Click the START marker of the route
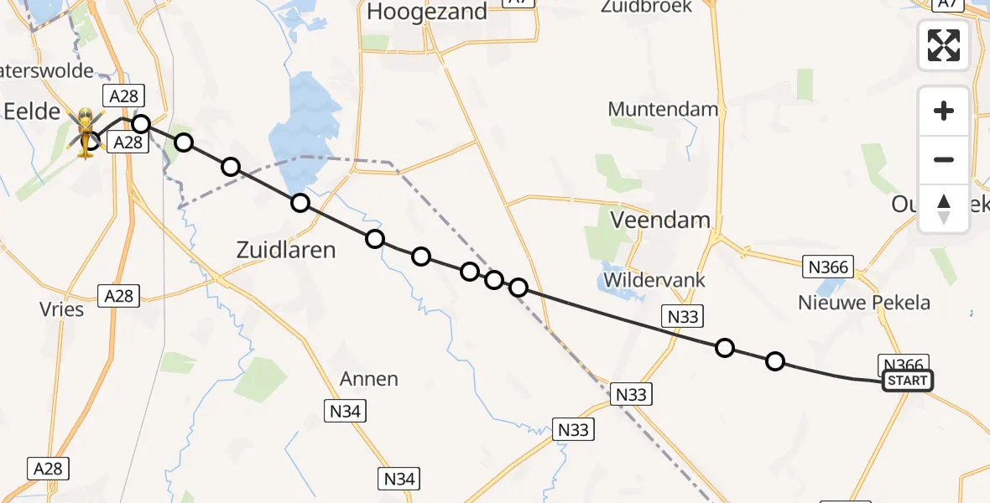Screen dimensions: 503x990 coord(907,381)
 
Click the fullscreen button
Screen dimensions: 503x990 coord(944,45)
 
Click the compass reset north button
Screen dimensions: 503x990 coord(944,209)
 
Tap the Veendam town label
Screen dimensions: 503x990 coord(661,220)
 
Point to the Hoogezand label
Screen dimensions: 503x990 coord(427,12)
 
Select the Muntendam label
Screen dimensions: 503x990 coord(663,109)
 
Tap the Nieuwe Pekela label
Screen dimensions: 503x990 coord(864,303)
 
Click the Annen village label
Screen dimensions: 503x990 coord(369,379)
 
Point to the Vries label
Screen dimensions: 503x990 coord(62,309)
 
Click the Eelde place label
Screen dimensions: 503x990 coord(32,111)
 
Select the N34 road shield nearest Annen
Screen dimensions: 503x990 coord(346,410)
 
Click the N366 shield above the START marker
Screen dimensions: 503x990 coord(903,365)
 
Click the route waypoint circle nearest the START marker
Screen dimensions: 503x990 coord(775,361)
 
